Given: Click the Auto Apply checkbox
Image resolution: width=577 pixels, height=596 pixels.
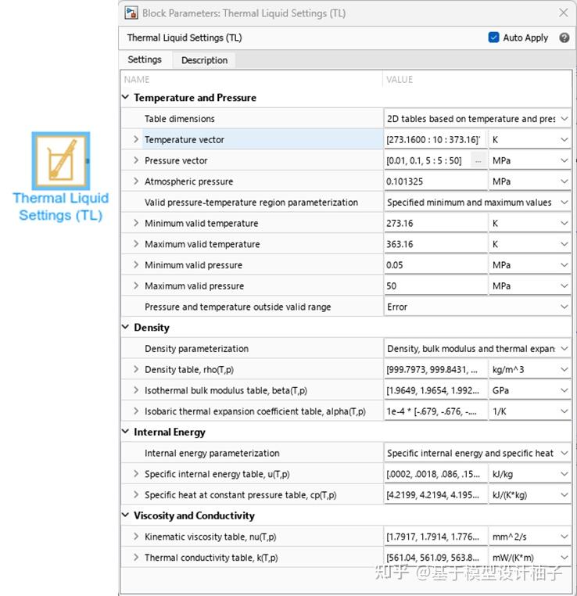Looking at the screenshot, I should [493, 38].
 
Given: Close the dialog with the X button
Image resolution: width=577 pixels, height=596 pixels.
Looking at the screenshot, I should [563, 13].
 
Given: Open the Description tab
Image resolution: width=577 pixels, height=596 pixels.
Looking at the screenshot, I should [204, 60].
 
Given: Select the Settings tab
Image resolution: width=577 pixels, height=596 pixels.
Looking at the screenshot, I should [145, 59].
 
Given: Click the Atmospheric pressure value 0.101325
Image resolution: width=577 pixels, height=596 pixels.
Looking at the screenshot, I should [434, 181].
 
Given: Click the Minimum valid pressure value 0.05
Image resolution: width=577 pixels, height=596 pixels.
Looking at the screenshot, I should [434, 265].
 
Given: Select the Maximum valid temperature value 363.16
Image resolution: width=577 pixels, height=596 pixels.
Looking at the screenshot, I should [434, 244].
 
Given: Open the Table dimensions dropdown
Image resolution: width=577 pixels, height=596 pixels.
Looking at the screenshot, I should [477, 119].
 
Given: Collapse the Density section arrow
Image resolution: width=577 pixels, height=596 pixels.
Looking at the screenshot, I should [126, 328].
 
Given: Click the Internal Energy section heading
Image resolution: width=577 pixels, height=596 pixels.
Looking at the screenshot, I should [169, 432].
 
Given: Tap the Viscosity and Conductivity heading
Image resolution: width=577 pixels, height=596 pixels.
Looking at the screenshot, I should [194, 515].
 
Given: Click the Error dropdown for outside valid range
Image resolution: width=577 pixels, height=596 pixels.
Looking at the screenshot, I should [477, 307].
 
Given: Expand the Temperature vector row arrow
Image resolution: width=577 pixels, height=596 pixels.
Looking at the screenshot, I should [136, 140].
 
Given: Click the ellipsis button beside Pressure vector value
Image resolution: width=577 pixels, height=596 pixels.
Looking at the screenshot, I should [478, 161].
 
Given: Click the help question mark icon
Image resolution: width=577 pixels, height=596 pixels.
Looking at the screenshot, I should [564, 38].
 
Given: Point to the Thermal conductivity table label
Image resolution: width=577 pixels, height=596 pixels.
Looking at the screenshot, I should [210, 558].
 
